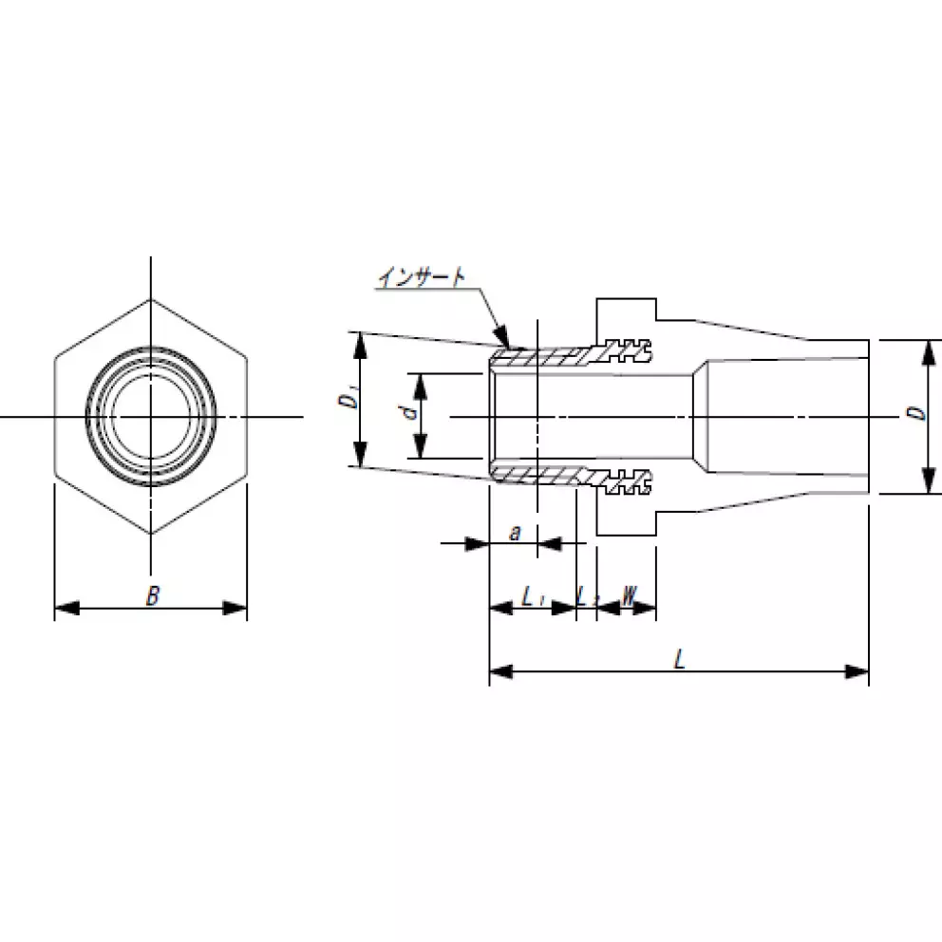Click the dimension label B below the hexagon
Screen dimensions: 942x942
point(152,596)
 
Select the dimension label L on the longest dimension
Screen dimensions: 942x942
point(680,660)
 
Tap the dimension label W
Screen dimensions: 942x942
point(629,595)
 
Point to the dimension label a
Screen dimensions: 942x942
point(515,533)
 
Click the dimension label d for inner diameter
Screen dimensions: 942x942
point(407,413)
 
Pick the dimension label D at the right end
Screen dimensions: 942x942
point(912,414)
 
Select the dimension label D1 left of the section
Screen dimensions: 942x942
point(348,400)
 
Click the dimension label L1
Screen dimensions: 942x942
point(533,597)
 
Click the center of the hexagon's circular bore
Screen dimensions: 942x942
point(150,416)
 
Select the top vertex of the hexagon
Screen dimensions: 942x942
point(150,300)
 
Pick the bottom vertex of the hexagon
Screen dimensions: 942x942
point(150,534)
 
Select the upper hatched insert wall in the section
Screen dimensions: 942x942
point(541,358)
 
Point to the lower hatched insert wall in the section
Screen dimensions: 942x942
point(541,473)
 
